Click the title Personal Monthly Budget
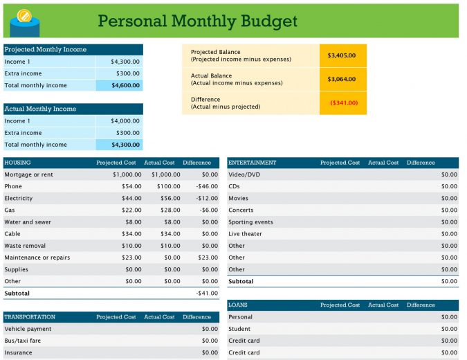tap(197, 21)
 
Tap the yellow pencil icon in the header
tap(24, 15)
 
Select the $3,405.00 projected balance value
tap(342, 55)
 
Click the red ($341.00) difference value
tap(344, 102)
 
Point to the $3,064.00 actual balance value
tap(342, 79)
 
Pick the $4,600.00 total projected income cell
tap(126, 85)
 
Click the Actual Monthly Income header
tap(40, 109)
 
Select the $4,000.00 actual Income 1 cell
tap(125, 121)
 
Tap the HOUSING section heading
tap(17, 163)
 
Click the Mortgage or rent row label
tap(28, 174)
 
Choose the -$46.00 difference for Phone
tap(207, 186)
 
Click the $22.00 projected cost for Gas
tap(131, 210)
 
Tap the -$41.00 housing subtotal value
tap(207, 294)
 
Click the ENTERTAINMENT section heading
tap(253, 163)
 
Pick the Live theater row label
tap(245, 234)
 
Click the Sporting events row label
tap(250, 222)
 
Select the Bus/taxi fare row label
tap(22, 341)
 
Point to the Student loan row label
tap(239, 329)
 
